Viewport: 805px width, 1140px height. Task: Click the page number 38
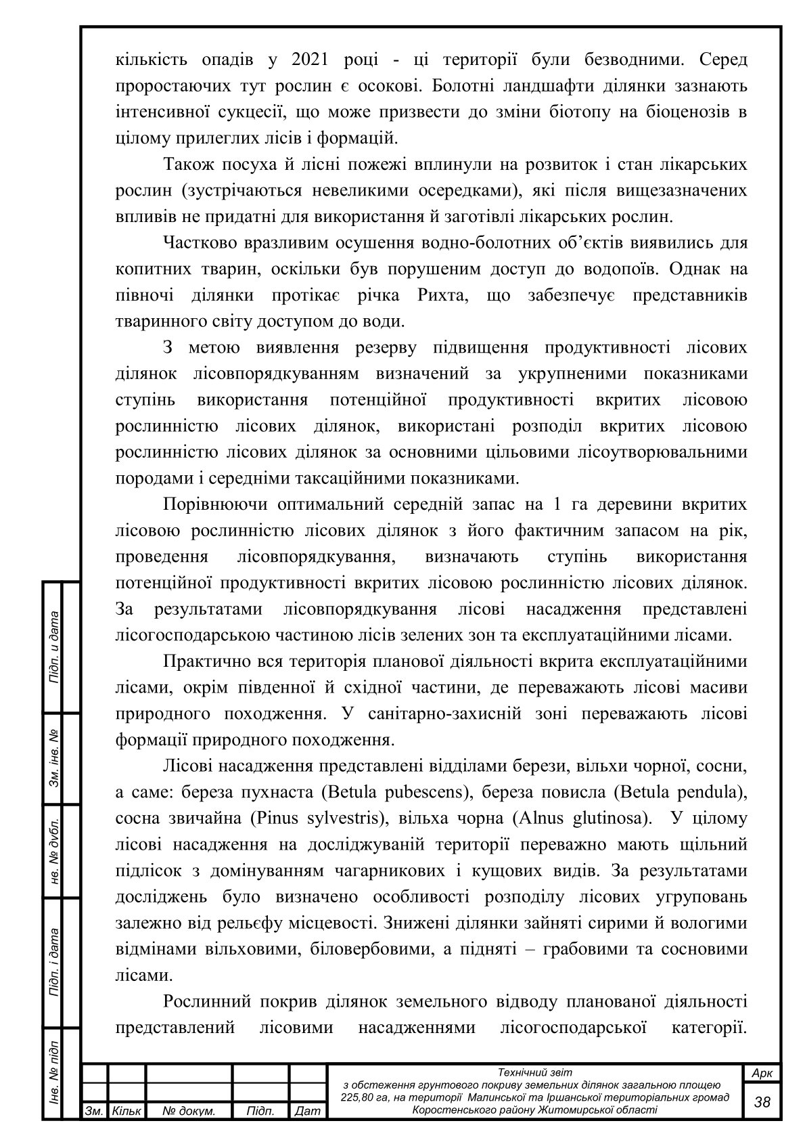tap(762, 1101)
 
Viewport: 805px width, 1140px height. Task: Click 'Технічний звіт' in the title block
tap(534, 1072)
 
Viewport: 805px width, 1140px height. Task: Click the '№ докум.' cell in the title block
tap(189, 1112)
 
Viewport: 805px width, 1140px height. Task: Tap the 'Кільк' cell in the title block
tap(127, 1112)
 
